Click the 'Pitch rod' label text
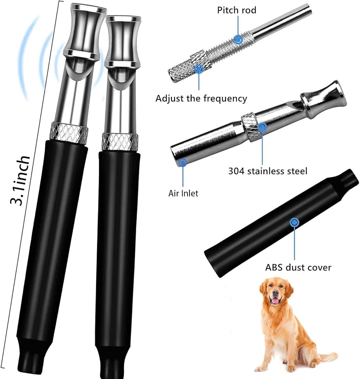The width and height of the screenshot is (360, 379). tap(236, 10)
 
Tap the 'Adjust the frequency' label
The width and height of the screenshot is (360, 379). tap(201, 99)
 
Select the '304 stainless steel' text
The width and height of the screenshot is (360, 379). tap(268, 171)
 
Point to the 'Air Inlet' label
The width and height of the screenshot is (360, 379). tap(183, 193)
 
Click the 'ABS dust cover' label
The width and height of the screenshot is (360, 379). tap(298, 268)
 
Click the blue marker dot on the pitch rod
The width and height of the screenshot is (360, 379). tap(238, 38)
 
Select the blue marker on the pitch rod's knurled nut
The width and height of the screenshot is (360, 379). tap(199, 69)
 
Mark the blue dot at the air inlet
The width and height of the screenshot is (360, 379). tap(183, 163)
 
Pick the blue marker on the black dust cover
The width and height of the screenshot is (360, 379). tap(293, 222)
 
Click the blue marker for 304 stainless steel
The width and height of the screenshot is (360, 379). tap(262, 127)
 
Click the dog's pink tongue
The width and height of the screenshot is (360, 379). tap(276, 301)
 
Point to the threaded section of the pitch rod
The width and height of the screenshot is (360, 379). tap(223, 47)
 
